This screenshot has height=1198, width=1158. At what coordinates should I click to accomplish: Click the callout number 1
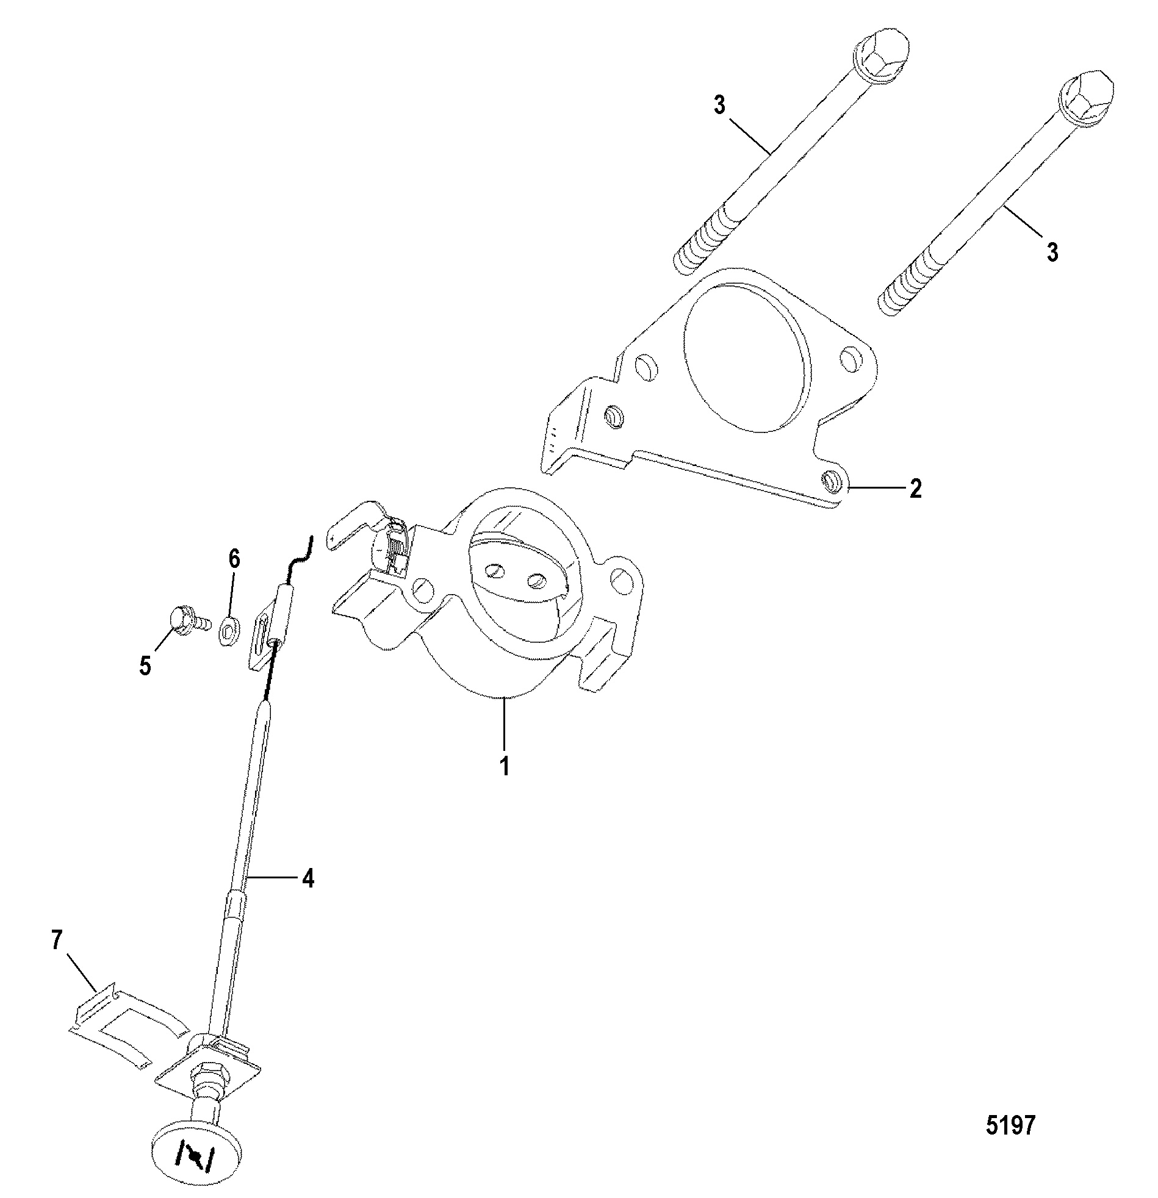point(505,766)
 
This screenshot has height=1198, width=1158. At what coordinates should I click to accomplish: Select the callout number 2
point(915,489)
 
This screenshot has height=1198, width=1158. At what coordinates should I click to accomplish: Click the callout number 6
point(234,559)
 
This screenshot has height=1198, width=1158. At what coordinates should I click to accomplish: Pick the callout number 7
point(57,940)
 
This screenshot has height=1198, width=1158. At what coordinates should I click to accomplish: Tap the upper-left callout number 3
point(719,105)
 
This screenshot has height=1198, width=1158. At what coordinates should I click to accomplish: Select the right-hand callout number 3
point(1052,252)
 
